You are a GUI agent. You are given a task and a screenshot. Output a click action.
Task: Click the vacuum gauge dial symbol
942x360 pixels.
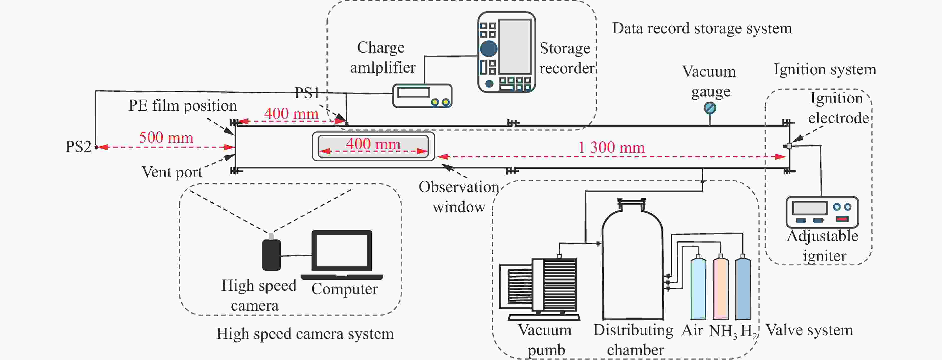coord(710,108)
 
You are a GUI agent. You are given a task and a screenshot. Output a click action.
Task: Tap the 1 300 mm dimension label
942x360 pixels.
coord(611,147)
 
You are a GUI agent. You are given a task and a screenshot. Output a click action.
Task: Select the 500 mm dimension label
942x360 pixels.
coord(166,138)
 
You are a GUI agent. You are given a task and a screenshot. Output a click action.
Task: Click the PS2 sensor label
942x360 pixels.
coord(78,147)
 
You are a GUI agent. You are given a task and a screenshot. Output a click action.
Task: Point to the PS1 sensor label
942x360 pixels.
coord(307,93)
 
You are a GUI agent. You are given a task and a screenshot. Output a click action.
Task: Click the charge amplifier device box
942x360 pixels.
coord(422,95)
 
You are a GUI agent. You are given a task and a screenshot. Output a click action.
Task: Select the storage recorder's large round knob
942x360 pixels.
coord(488,49)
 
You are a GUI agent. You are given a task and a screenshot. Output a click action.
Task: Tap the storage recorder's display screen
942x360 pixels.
coord(515,46)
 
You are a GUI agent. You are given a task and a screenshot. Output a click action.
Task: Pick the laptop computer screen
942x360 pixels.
coord(342,251)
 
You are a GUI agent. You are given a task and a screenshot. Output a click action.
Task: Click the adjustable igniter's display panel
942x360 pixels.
coord(810,208)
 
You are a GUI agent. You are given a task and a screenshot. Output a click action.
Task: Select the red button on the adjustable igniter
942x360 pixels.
coord(842,219)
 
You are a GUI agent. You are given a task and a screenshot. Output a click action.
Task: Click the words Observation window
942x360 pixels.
coord(459,197)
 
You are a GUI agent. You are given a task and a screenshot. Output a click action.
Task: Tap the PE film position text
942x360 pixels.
coord(182,106)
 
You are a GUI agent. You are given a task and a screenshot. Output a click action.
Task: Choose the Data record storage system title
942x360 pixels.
coord(702,28)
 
